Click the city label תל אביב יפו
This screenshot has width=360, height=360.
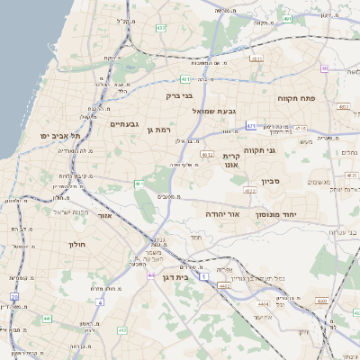click(x=60, y=136)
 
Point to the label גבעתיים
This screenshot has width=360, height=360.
click(x=122, y=124)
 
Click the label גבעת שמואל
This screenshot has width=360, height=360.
click(x=214, y=111)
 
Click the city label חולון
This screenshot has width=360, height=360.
click(x=76, y=244)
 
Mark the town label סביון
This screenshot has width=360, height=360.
click(x=271, y=182)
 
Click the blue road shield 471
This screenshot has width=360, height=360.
click(x=251, y=126)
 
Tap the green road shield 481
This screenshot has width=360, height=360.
click(x=184, y=78)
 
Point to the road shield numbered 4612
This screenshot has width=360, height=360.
click(x=207, y=155)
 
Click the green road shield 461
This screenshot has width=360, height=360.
click(x=139, y=184)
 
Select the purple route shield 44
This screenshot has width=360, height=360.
click(x=151, y=275)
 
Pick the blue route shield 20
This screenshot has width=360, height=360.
click(x=13, y=296)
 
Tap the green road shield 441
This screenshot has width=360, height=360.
click(x=47, y=318)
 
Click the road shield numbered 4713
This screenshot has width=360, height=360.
click(x=301, y=129)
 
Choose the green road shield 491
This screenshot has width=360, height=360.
click(x=287, y=19)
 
